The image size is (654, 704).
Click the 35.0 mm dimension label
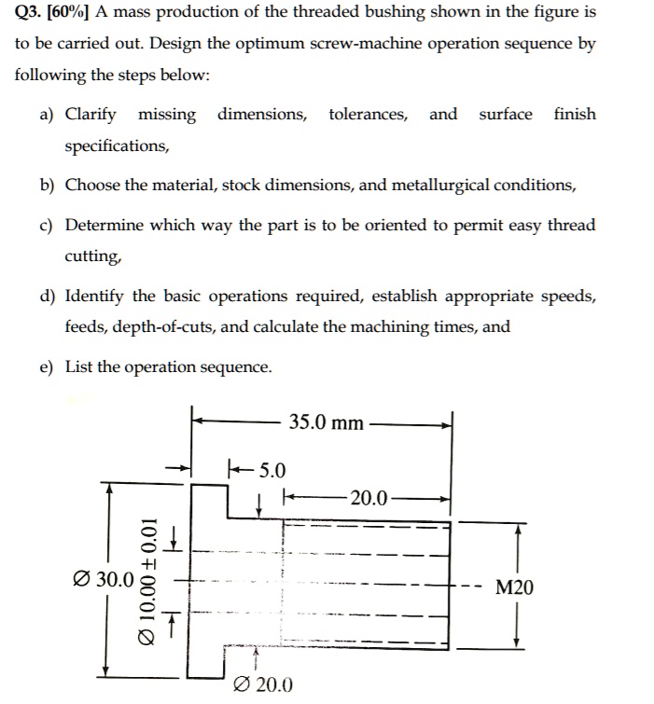326,422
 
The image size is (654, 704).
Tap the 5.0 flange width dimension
271,469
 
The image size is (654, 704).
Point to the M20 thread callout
515,587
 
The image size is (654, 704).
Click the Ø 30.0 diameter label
100,579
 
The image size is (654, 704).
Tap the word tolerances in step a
368,115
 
